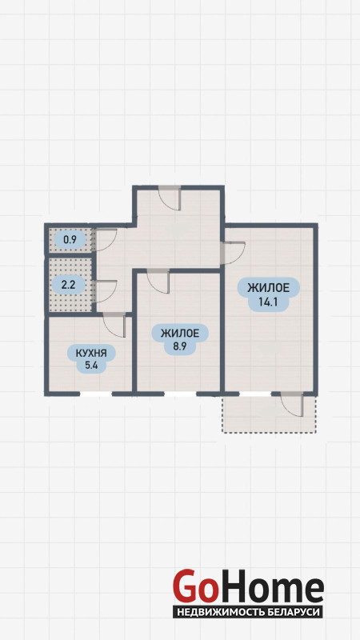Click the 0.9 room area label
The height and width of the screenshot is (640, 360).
coord(70,239)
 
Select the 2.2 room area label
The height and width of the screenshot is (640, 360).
coord(68,285)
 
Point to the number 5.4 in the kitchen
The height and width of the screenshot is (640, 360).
coord(90,366)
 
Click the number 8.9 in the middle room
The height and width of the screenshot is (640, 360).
coord(180,346)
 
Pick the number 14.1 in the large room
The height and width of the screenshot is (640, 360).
coord(269,301)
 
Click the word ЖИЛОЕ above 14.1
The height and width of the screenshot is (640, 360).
coord(269,288)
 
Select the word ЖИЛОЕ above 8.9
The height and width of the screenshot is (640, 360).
coord(180,334)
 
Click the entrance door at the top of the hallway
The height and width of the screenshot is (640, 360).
coord(170,198)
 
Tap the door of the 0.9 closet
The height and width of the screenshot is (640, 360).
coord(106,239)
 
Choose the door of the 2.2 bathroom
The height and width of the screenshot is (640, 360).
coord(106,291)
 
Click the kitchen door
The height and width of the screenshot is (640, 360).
coord(114,326)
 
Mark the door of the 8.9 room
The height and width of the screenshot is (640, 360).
coord(158,282)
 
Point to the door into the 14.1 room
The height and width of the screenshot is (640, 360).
coord(233,253)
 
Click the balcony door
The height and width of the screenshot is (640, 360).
coord(292,405)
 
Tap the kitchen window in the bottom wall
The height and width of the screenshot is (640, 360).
coord(96,394)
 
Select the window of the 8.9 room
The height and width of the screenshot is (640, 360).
coord(181,394)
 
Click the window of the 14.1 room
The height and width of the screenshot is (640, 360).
coord(255,394)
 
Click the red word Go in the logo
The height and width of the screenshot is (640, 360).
coord(194,587)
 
